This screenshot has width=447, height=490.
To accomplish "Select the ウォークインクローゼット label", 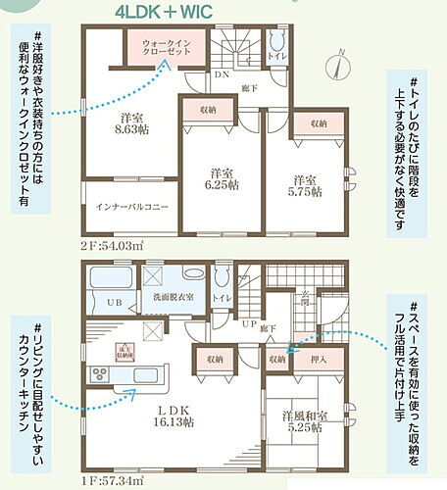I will [x=165, y=47].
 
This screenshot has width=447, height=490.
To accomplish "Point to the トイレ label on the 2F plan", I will [x=278, y=56].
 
